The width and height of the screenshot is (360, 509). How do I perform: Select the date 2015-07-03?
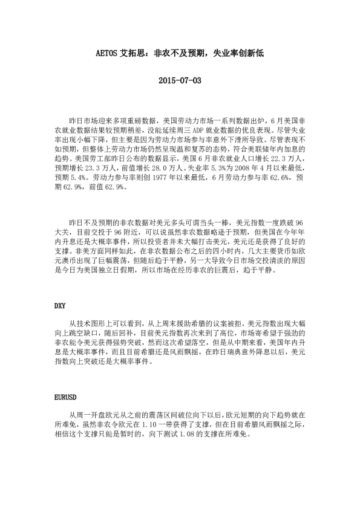[x=179, y=80]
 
